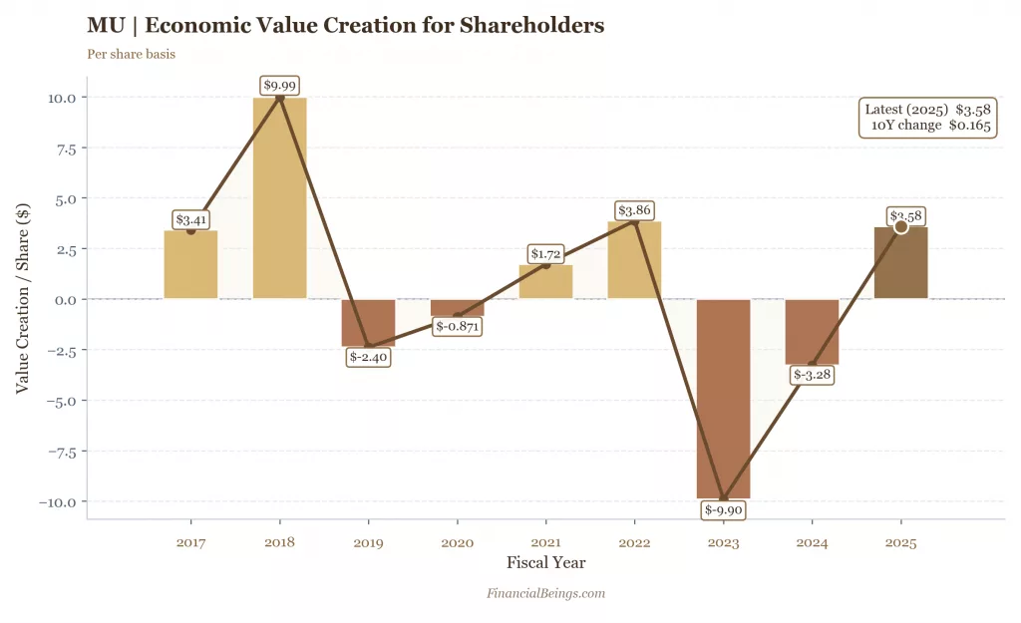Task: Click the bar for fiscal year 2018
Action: pyautogui.click(x=279, y=199)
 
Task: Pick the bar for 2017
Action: pyautogui.click(x=190, y=265)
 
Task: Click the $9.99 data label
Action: pyautogui.click(x=280, y=86)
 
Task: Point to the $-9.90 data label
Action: pyautogui.click(x=724, y=510)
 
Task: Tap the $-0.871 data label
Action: pyautogui.click(x=458, y=326)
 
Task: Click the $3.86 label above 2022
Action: pyautogui.click(x=634, y=210)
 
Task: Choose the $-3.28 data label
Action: pyautogui.click(x=813, y=375)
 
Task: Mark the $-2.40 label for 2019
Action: pyautogui.click(x=369, y=357)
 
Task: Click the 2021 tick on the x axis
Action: pyautogui.click(x=545, y=543)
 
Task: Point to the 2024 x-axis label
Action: pyautogui.click(x=812, y=543)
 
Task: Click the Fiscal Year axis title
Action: pyautogui.click(x=545, y=563)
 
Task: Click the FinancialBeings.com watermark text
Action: pyautogui.click(x=545, y=594)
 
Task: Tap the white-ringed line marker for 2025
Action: pyautogui.click(x=901, y=226)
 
